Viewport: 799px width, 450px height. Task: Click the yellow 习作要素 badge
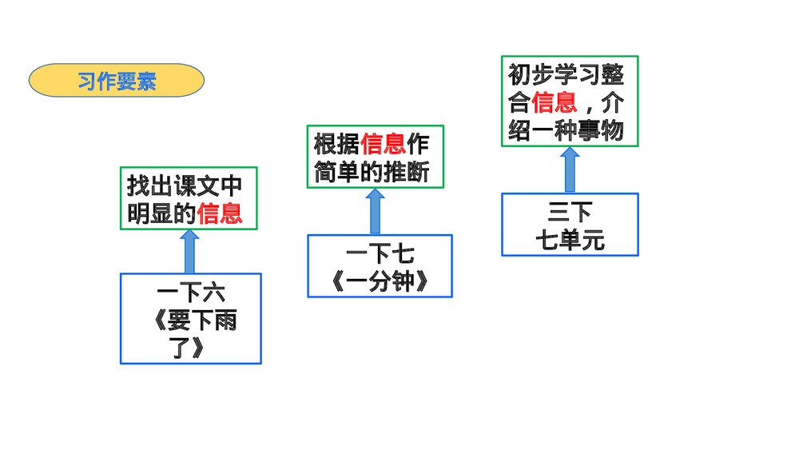[x=117, y=81]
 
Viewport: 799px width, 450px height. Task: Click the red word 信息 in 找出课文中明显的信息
[x=220, y=213]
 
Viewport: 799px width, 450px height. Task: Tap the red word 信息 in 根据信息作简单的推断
[x=384, y=145]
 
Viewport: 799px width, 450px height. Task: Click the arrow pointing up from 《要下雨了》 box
[x=189, y=252]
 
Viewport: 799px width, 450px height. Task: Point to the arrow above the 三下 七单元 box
[x=570, y=169]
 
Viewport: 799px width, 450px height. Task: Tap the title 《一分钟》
[x=380, y=282]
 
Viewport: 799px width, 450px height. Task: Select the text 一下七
[x=380, y=257]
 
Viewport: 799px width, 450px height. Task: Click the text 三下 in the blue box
[x=570, y=213]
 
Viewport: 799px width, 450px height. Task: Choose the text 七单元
[x=570, y=240]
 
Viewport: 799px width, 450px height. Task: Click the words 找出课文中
[x=185, y=186]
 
